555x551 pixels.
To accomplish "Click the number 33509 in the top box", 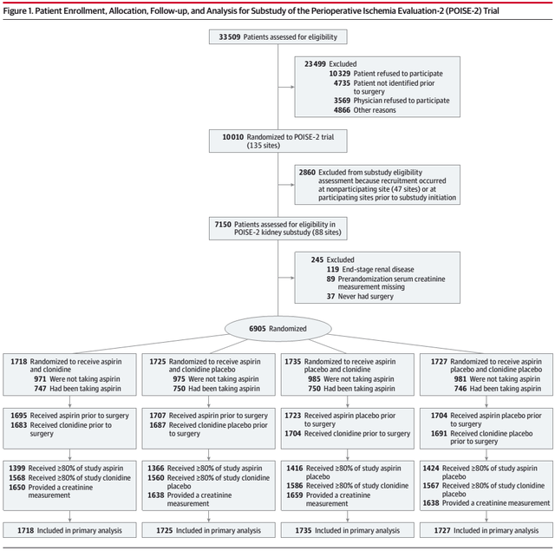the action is (x=229, y=36).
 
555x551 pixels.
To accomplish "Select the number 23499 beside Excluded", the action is (x=315, y=64).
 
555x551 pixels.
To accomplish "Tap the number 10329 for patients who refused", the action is (x=339, y=74).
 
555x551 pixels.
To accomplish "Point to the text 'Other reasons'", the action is (x=375, y=110).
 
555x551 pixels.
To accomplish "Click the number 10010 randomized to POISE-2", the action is (x=233, y=137).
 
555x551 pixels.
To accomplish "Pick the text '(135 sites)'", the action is (x=264, y=146).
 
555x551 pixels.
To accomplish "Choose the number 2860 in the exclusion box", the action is (x=307, y=173).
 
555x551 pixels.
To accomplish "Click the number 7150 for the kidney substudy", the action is (x=223, y=225).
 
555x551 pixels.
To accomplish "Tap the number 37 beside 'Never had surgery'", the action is (x=330, y=297).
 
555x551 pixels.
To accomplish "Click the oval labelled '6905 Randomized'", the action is (x=277, y=329).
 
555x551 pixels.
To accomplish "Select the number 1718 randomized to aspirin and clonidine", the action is (x=19, y=362).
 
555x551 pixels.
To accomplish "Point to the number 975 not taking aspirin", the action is (x=179, y=379).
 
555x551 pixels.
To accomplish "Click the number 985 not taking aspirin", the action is (x=314, y=379).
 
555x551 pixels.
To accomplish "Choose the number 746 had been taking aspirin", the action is (x=460, y=389).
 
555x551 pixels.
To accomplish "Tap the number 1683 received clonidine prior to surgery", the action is (x=19, y=425).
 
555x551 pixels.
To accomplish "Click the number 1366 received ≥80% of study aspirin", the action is (x=156, y=469).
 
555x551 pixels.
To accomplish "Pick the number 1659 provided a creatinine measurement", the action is (x=295, y=495).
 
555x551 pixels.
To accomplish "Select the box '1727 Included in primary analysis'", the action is (x=486, y=530).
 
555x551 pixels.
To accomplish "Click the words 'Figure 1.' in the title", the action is (x=17, y=11).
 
